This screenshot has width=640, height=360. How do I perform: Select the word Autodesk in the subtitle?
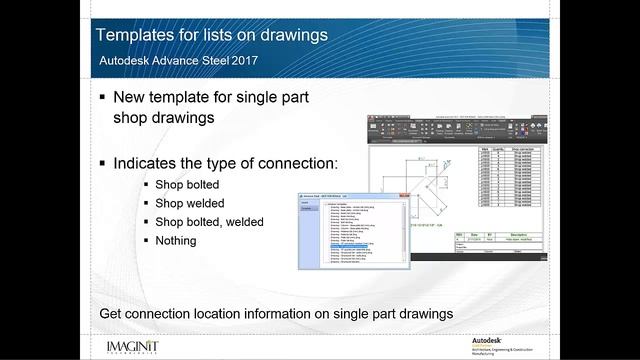point(130,62)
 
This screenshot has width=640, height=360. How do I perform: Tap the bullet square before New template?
point(104,99)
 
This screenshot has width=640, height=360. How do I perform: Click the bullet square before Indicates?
point(104,163)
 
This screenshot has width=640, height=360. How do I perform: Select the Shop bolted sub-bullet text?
point(186,185)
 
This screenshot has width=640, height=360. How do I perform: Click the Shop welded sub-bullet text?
point(188,203)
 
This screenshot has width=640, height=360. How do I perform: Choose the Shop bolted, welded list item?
point(212,222)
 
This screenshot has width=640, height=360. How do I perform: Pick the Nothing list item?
point(177,240)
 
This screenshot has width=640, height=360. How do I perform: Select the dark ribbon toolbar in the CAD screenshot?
point(456,128)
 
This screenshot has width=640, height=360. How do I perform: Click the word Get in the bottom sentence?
point(111,314)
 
